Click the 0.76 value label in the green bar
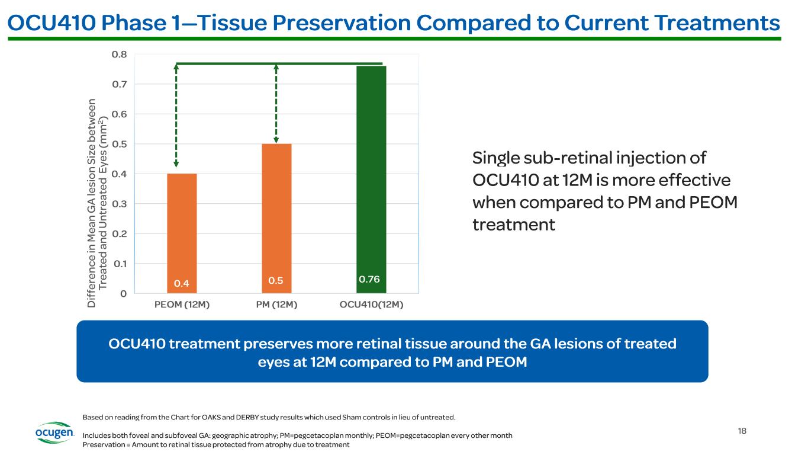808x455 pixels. pyautogui.click(x=369, y=279)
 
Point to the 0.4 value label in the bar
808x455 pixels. pyautogui.click(x=182, y=284)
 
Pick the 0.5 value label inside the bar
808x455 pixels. pyautogui.click(x=276, y=281)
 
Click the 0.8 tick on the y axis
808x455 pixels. pyautogui.click(x=119, y=55)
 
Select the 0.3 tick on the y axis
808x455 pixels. pyautogui.click(x=119, y=204)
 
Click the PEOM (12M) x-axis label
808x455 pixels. pyautogui.click(x=182, y=305)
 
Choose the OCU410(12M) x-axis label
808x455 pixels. pyautogui.click(x=372, y=305)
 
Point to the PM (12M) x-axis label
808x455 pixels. pyautogui.click(x=276, y=305)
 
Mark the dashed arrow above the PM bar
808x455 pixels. pyautogui.click(x=276, y=103)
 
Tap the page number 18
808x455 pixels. pyautogui.click(x=742, y=431)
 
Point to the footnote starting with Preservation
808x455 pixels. pyautogui.click(x=216, y=445)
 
